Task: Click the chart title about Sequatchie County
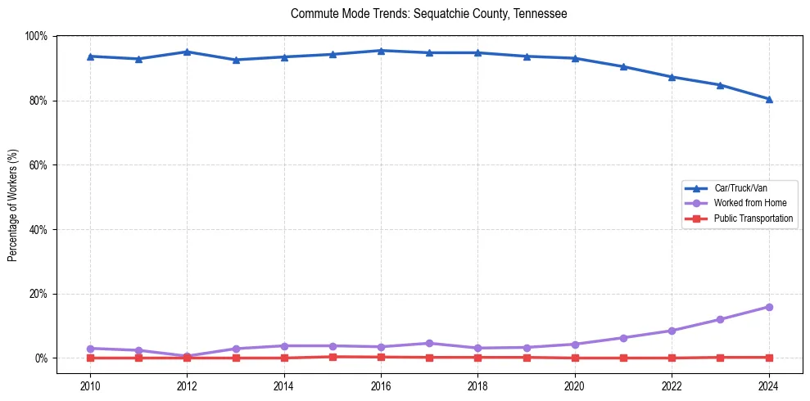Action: click(x=428, y=14)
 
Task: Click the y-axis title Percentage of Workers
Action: click(x=12, y=205)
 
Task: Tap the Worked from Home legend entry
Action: click(x=750, y=203)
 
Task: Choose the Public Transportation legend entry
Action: click(x=753, y=219)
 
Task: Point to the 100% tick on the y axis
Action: click(x=36, y=36)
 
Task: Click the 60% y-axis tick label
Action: click(x=38, y=165)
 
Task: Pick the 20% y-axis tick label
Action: click(x=38, y=294)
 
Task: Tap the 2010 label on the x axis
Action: click(x=90, y=385)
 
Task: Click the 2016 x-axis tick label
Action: click(x=381, y=385)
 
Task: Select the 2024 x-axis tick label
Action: click(x=768, y=385)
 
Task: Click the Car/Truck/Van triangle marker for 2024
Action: click(x=768, y=99)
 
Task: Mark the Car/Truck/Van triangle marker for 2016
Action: click(x=381, y=51)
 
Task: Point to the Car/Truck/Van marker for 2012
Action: click(x=187, y=52)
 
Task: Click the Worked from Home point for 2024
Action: click(x=768, y=307)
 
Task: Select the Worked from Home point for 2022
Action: click(x=672, y=331)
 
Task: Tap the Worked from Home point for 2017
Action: click(x=429, y=343)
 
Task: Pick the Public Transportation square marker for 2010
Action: click(x=90, y=358)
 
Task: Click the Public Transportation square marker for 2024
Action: click(x=768, y=358)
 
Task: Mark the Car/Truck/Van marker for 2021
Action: click(x=623, y=66)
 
